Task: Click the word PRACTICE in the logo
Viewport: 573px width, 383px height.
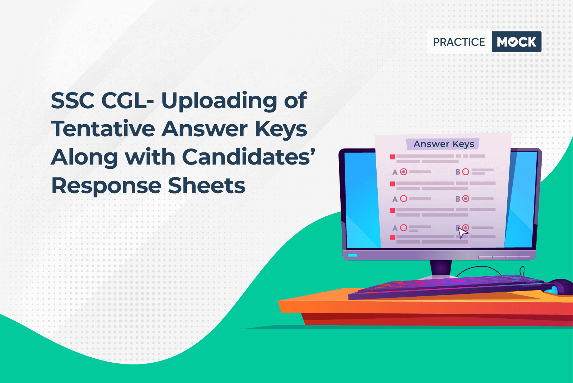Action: [459, 42]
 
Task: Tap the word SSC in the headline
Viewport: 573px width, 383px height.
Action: [72, 101]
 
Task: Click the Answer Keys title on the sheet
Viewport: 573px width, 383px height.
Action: [444, 144]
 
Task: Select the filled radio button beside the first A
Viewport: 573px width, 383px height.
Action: [404, 172]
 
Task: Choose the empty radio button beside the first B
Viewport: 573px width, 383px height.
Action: [466, 172]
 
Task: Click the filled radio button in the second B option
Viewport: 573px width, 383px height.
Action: [466, 198]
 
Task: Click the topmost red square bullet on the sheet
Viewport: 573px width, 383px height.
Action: [392, 157]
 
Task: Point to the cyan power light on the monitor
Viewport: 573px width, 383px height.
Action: [352, 255]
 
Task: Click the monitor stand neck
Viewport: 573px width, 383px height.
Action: [441, 268]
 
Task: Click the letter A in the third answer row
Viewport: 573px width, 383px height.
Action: [395, 228]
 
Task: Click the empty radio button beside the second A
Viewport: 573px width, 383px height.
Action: [404, 198]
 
